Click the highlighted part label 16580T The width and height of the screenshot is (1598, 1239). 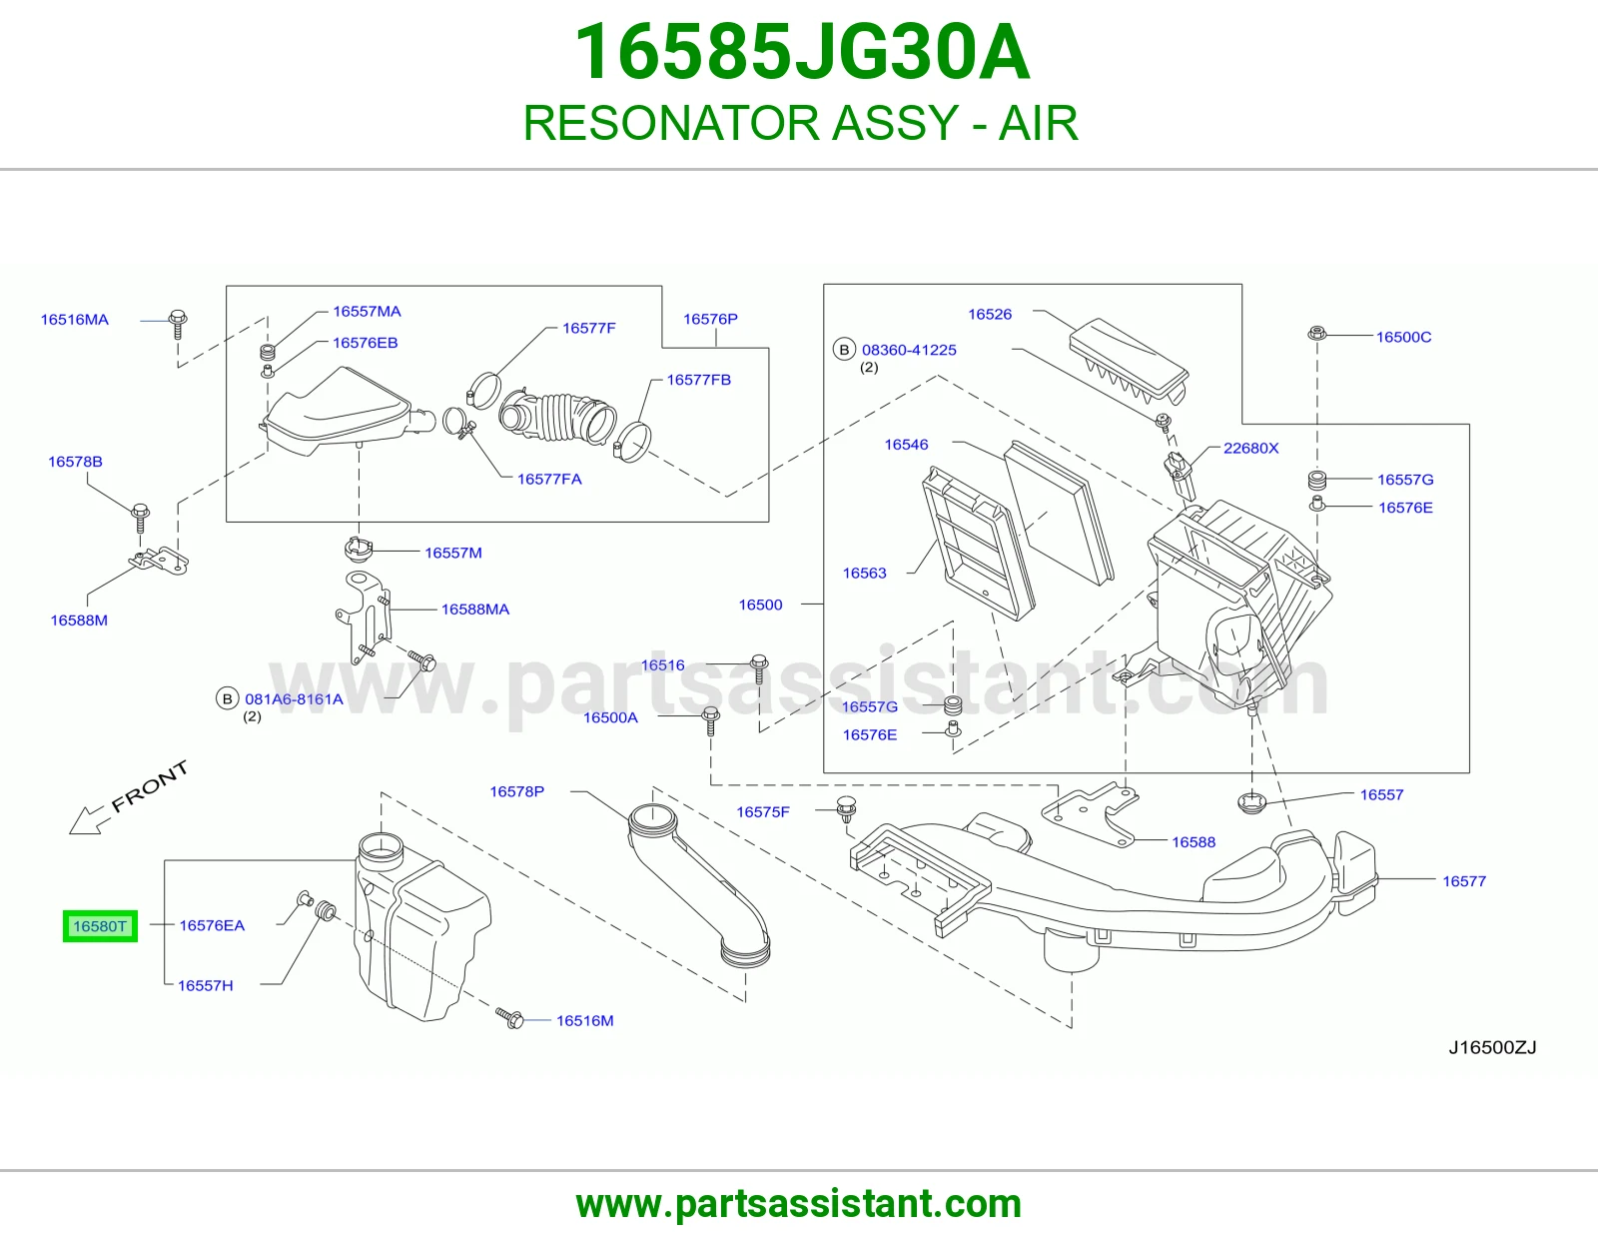[100, 925]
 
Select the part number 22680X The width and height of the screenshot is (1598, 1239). [1250, 448]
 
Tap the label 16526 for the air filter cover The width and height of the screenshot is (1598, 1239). [990, 314]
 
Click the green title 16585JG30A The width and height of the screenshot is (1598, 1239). [801, 52]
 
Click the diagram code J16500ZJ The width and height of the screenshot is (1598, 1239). [1492, 1047]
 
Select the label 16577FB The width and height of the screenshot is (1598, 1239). [698, 380]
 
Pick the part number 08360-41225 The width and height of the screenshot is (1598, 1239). [909, 350]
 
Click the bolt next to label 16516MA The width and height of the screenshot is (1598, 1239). [177, 324]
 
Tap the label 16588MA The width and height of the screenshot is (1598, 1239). [475, 610]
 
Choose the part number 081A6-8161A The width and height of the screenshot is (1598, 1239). [295, 699]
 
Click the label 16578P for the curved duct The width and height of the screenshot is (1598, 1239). [517, 791]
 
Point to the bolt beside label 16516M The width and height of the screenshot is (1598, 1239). [509, 1018]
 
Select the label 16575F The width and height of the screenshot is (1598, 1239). [763, 812]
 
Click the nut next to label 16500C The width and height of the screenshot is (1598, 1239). [1316, 333]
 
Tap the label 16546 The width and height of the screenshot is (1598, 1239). [906, 445]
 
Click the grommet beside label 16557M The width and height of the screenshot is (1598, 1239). [359, 549]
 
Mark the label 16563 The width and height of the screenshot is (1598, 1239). [864, 574]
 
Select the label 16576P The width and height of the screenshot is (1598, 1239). [710, 319]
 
